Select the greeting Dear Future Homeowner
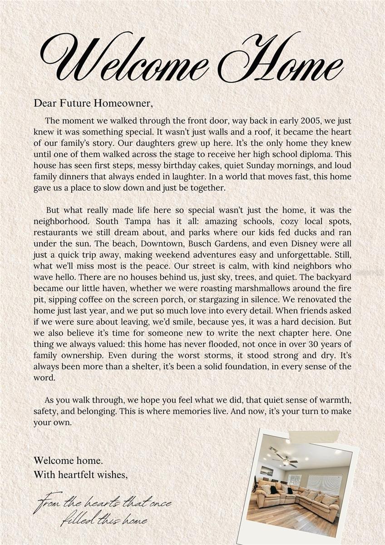click(x=93, y=104)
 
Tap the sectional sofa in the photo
click(x=300, y=499)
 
